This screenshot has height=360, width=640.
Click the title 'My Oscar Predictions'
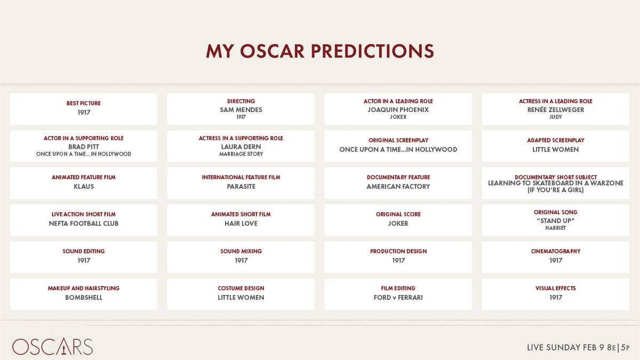point(320,51)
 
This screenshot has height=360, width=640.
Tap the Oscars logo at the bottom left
point(53,347)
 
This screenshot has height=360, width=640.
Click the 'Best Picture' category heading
point(84,103)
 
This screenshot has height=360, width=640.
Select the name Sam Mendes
point(241,110)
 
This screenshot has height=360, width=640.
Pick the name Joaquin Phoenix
point(398,110)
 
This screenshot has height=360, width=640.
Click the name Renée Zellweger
point(556,110)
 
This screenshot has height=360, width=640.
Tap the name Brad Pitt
point(84,147)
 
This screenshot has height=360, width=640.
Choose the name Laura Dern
point(241,147)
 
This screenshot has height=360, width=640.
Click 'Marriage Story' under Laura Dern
point(241,154)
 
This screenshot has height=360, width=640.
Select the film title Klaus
point(84,187)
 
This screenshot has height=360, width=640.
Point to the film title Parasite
point(241,187)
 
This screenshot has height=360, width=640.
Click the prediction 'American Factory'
point(398,187)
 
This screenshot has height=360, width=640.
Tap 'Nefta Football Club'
point(84,223)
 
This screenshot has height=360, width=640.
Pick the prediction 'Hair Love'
point(241,223)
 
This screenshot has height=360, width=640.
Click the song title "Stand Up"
point(556,221)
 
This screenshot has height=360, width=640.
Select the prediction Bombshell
point(84,298)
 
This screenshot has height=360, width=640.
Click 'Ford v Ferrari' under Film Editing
point(398,298)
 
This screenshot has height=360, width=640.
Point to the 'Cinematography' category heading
point(556,251)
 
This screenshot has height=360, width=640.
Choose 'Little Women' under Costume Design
point(241,298)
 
